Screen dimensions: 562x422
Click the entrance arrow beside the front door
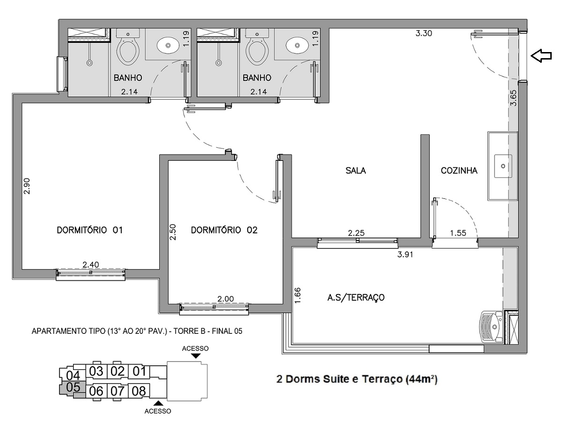(541, 56)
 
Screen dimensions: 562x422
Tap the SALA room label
(355, 170)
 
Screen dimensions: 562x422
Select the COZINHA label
(459, 170)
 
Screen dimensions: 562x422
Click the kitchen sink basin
(503, 166)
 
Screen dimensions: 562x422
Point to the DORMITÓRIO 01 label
(89, 230)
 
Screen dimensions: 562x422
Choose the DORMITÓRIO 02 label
(224, 230)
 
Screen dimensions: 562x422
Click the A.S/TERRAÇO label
(356, 297)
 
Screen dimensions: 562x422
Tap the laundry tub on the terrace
(492, 327)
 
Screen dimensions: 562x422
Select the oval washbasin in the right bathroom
(297, 45)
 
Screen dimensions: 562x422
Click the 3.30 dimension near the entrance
(424, 33)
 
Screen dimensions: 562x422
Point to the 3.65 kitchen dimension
(513, 98)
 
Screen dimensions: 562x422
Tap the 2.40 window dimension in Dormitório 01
(91, 264)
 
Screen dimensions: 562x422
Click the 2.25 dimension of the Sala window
(356, 233)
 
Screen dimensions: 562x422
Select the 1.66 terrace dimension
(297, 295)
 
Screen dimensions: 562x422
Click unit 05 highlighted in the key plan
(73, 387)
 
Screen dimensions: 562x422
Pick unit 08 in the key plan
(139, 391)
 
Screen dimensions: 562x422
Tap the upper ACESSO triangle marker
(196, 356)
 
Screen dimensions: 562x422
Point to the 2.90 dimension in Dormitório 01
(26, 186)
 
